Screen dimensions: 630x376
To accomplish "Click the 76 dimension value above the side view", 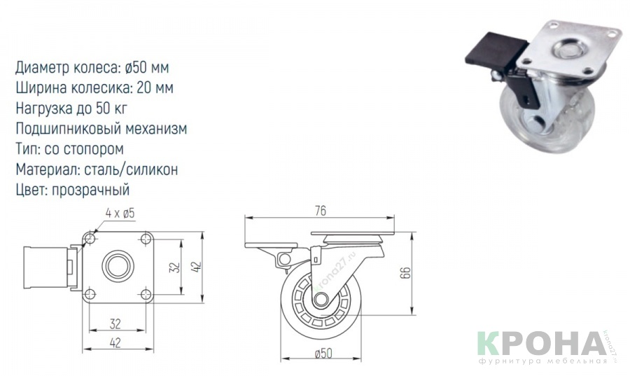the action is pyautogui.click(x=321, y=211).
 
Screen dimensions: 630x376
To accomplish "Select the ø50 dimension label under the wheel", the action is pyautogui.click(x=323, y=354).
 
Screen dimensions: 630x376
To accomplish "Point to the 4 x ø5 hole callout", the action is pyautogui.click(x=120, y=214).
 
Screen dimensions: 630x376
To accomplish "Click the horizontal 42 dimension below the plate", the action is pyautogui.click(x=115, y=343).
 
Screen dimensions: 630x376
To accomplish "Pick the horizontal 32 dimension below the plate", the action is pyautogui.click(x=115, y=323).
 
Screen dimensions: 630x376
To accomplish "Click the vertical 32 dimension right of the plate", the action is pyautogui.click(x=174, y=267).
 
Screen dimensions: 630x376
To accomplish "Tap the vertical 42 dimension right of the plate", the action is pyautogui.click(x=197, y=267).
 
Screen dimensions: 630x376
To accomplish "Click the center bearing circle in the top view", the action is pyautogui.click(x=118, y=267).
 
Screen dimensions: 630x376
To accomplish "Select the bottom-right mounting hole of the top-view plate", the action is pyautogui.click(x=146, y=294).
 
